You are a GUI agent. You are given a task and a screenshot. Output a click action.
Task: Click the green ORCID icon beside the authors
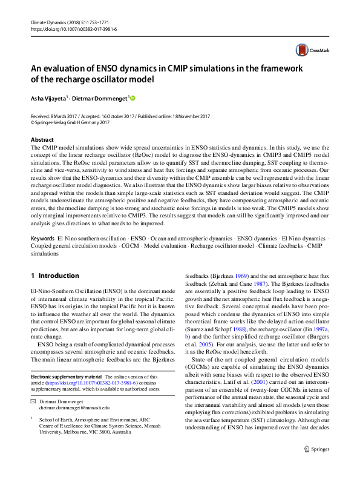tap(133, 98)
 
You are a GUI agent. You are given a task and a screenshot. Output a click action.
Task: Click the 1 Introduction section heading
tap(54, 276)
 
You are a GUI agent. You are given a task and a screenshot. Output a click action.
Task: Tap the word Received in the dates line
tap(42, 116)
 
